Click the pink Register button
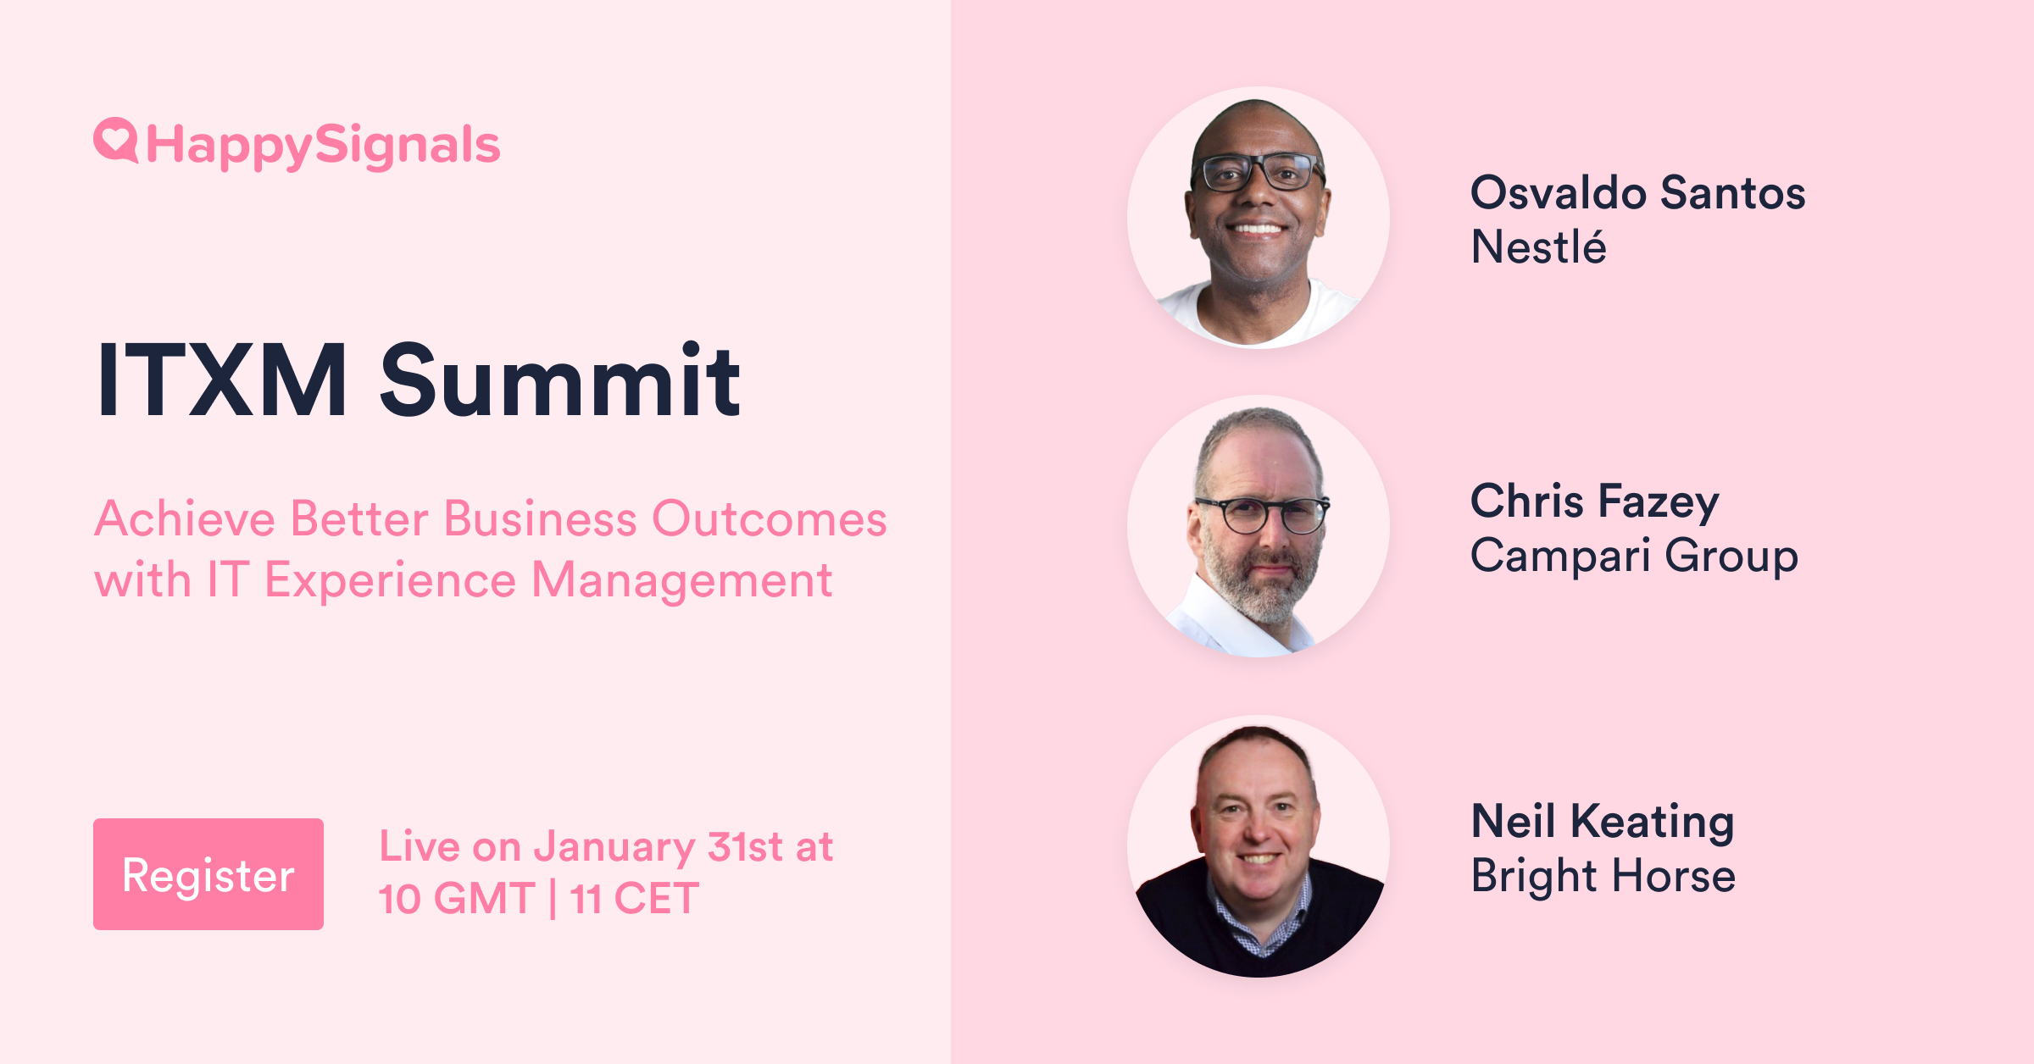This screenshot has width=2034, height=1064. tap(208, 874)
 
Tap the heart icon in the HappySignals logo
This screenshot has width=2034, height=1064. tap(115, 139)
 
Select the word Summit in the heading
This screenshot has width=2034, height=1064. tap(560, 380)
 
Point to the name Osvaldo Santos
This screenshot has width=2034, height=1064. tap(1637, 192)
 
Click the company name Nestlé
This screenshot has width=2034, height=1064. tap(1538, 247)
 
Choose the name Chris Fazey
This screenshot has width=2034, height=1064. tap(1594, 501)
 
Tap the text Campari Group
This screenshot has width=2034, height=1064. tap(1634, 556)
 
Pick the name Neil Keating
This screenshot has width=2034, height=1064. tap(1603, 821)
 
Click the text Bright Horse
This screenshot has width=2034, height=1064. tap(1603, 875)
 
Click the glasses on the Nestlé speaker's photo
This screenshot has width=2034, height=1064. tap(1258, 172)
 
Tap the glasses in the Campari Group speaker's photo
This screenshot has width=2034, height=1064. tap(1261, 514)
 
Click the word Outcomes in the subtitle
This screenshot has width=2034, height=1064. tap(769, 518)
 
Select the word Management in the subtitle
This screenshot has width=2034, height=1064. tap(681, 580)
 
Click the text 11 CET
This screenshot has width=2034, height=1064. tap(635, 899)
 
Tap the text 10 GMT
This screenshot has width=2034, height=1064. tap(456, 899)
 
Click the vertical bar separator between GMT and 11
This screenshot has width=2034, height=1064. tap(553, 899)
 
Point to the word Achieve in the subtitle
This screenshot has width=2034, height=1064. tap(185, 518)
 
